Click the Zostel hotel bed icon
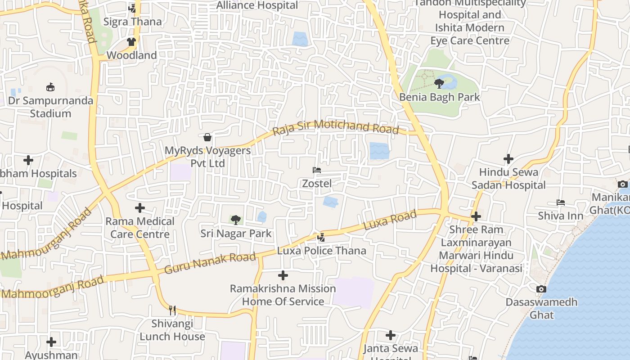(x=317, y=170)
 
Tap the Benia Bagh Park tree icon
(x=439, y=83)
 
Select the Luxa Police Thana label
(x=321, y=251)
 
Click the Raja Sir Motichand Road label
(x=336, y=127)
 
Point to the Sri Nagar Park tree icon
(x=235, y=220)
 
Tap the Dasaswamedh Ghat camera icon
(x=541, y=288)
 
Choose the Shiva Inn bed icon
(x=561, y=202)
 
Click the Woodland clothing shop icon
(x=131, y=42)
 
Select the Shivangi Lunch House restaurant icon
(x=172, y=310)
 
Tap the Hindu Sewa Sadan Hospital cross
(x=508, y=159)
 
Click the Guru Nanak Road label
(x=210, y=263)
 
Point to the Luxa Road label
(x=389, y=220)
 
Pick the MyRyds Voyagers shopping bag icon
(x=207, y=137)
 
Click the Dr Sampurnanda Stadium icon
(x=50, y=87)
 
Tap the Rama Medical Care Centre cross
(x=140, y=208)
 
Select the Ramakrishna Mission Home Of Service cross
(x=283, y=275)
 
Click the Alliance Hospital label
(x=257, y=5)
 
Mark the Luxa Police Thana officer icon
(x=321, y=237)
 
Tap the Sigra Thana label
(x=132, y=22)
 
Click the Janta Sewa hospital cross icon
(x=391, y=335)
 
